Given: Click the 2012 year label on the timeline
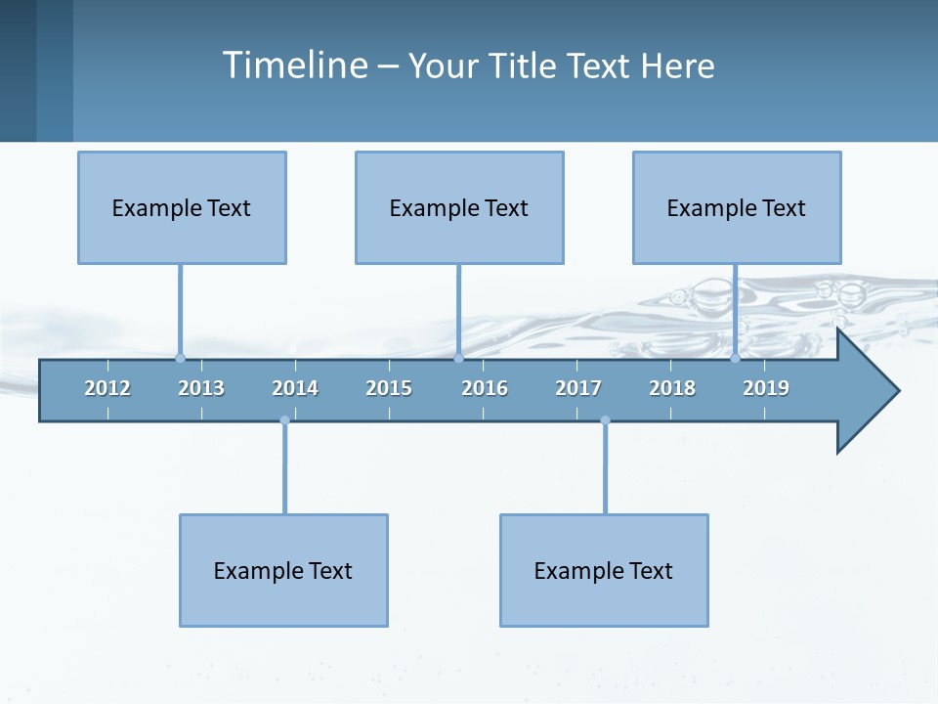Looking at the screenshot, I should pos(107,388).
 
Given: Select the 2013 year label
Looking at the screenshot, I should pos(201,388).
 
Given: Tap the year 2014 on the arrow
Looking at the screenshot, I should pos(295,388).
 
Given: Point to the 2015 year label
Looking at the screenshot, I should pos(389,388).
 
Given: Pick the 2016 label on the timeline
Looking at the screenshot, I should pos(485,388).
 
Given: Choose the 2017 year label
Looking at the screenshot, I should pos(578,388).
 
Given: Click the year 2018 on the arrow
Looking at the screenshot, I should pos(672,388).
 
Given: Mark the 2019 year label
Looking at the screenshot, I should pos(766,388).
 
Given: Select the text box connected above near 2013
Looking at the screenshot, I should pos(182,207).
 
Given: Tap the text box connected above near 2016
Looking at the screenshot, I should pos(459,207).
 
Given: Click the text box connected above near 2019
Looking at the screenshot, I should pos(737,207).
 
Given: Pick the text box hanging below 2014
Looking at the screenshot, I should pos(283,570).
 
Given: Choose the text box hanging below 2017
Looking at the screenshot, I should pos(604,570).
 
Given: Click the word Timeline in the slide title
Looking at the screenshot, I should pos(294,66).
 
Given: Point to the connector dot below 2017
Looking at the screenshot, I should pos(605,420).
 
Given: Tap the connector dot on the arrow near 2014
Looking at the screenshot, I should pos(284,420).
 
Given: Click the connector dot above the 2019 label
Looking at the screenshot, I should pos(736,358).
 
